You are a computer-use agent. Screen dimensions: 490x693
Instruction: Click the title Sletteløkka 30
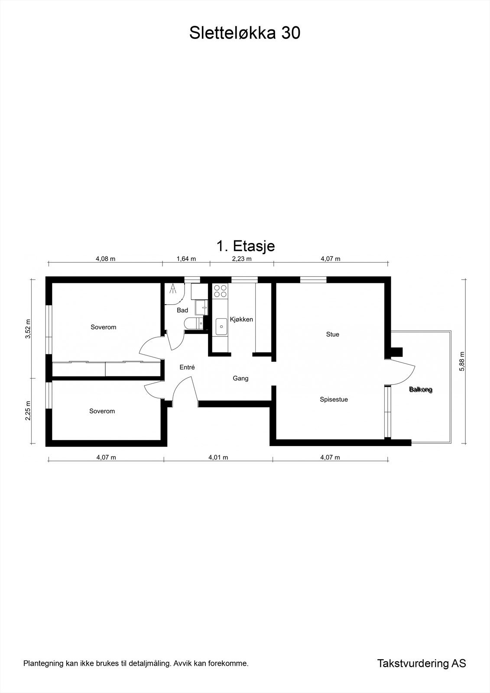244,33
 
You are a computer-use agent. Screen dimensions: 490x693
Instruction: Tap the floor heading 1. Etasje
246,246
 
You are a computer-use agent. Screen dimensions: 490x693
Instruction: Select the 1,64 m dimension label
186,259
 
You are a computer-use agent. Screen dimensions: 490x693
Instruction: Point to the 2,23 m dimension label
242,259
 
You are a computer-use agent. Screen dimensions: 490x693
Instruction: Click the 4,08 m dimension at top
106,259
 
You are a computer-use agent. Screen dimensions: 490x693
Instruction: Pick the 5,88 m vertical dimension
462,361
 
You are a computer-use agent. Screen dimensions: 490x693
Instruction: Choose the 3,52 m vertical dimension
28,329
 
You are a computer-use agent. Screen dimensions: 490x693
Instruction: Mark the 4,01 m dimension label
218,457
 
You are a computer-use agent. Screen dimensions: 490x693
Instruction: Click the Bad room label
182,310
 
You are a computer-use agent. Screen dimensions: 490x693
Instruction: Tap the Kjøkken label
241,319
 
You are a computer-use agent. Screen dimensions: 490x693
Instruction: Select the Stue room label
332,334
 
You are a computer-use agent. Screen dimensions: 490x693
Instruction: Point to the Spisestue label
334,399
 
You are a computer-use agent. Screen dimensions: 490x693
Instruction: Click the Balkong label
421,390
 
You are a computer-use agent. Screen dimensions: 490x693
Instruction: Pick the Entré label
187,367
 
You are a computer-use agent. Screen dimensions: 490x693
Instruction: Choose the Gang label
240,379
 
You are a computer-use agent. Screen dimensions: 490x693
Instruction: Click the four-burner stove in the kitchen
220,291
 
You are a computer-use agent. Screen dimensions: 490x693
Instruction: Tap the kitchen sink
221,327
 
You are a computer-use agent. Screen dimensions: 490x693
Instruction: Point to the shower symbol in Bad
173,288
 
